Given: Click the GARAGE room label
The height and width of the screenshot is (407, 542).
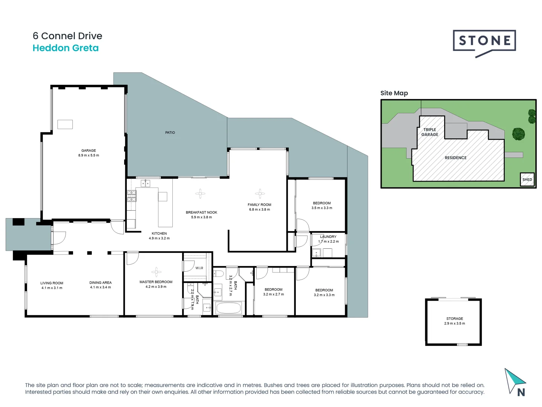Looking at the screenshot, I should tap(88, 150).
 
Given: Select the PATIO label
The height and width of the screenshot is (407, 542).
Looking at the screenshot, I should tap(170, 133).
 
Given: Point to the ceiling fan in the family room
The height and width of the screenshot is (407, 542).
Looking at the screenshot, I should tap(260, 194).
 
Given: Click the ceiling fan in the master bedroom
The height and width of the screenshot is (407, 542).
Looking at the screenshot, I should tap(156, 272).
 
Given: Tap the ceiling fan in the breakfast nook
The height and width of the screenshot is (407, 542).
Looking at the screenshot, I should tap(200, 194).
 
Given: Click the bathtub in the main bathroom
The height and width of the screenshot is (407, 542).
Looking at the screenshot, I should tap(228, 308).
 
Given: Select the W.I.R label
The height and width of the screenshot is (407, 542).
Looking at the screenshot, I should tap(199, 268).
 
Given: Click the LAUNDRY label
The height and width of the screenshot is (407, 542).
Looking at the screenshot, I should tap(328, 237).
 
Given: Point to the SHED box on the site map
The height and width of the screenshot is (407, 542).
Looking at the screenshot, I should tap(527, 179).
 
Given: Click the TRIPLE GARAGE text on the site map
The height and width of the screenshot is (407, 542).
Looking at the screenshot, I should tap(429, 132).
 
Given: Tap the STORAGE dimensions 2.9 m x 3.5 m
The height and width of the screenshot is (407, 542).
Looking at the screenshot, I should tap(454, 323).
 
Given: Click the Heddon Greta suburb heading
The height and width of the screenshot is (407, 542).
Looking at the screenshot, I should tap(65, 48).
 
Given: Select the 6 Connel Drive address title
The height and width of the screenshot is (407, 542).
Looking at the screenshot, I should tap(67, 36).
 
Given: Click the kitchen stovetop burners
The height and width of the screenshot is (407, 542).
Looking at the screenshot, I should tap(131, 195).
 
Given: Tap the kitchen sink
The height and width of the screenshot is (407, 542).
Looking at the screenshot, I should tap(145, 184).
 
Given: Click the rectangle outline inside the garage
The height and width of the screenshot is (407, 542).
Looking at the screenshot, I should tap(65, 124).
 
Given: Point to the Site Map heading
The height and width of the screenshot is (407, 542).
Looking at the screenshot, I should tap(394, 93).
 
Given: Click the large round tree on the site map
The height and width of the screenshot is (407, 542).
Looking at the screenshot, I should tap(519, 134).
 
